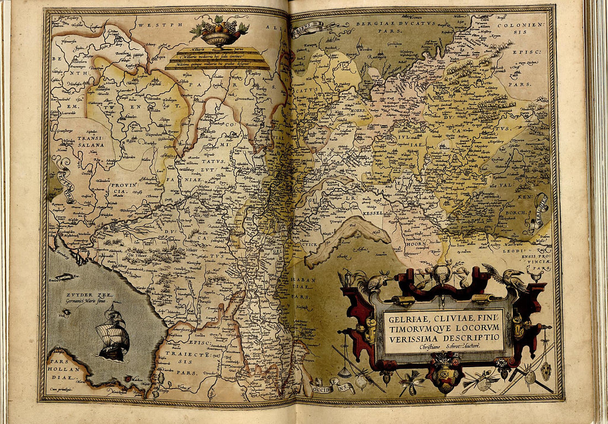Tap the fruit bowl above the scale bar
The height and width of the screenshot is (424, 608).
pos(219,34)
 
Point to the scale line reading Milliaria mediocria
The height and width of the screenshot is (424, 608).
pos(217,57)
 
